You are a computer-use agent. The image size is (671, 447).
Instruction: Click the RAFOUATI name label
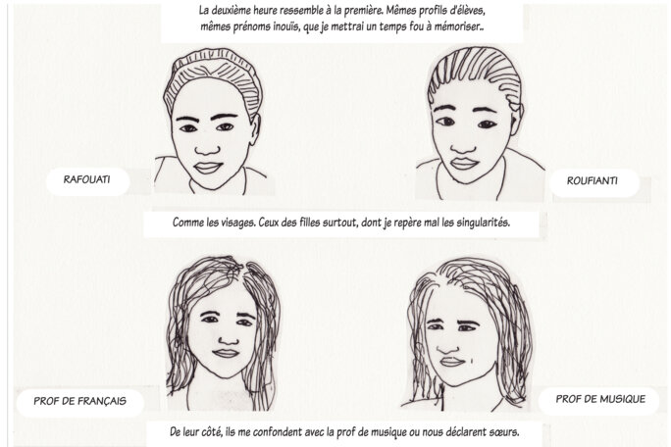(x=87, y=179)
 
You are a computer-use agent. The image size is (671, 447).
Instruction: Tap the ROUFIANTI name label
(x=593, y=181)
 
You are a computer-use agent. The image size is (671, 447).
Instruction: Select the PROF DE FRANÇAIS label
(x=80, y=401)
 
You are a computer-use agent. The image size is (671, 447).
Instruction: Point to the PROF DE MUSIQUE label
(x=600, y=399)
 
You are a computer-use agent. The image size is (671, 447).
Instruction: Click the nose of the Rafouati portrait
(x=208, y=148)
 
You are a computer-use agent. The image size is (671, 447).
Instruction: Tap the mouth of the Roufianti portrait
(x=464, y=164)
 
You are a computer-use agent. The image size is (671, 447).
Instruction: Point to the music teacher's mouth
(x=452, y=363)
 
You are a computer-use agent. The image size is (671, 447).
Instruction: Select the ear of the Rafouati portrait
(x=255, y=129)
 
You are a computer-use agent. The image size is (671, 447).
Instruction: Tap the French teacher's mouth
(x=226, y=353)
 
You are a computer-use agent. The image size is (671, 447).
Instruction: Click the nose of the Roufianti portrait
(x=462, y=145)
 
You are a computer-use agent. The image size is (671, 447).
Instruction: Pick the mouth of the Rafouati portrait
(x=208, y=168)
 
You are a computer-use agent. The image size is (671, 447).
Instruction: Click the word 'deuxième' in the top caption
(x=242, y=10)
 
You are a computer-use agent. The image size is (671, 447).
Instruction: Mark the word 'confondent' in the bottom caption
(x=278, y=432)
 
